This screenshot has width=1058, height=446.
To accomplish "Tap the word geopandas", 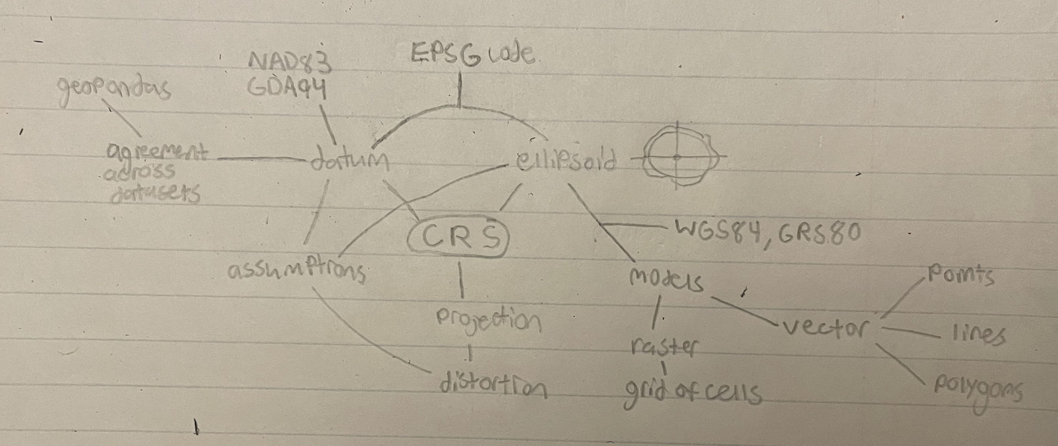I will (114, 89).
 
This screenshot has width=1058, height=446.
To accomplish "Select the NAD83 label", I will (291, 62).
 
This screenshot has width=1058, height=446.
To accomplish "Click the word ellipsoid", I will (566, 161).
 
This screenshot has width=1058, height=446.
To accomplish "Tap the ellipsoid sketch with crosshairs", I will (677, 157).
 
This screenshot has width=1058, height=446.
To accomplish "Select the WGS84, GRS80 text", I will (767, 234).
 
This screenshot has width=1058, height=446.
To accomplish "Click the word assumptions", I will (297, 271).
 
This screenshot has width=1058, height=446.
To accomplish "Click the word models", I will (666, 279).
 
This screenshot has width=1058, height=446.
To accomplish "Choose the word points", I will (959, 276).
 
